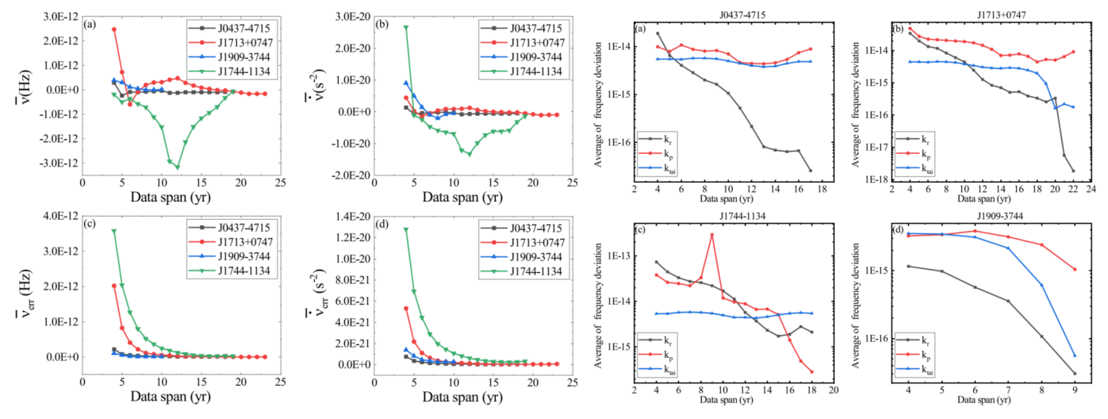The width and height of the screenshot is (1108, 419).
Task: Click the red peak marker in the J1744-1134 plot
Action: [x=711, y=235]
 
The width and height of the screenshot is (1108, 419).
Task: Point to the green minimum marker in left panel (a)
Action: [x=178, y=167]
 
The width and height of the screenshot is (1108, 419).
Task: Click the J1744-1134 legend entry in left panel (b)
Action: [x=523, y=71]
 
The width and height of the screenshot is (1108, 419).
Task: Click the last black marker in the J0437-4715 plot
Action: [x=810, y=171]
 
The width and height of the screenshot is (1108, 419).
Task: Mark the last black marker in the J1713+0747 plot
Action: [x=1073, y=171]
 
